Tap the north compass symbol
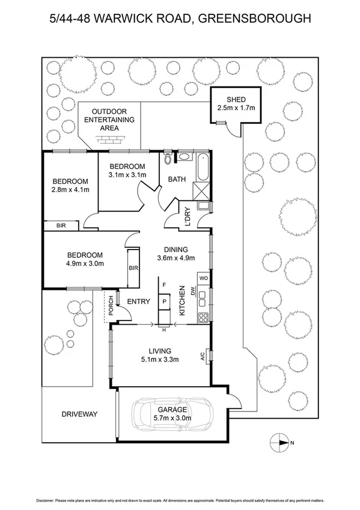coord(281,443)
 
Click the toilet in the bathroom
coord(168,159)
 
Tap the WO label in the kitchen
coord(203,278)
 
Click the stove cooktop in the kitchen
coord(204,318)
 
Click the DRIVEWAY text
coord(79,414)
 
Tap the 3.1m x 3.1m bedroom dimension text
coord(127,175)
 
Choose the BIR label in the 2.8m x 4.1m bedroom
coord(61,226)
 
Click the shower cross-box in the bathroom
coord(201,192)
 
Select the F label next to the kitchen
coord(164,283)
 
